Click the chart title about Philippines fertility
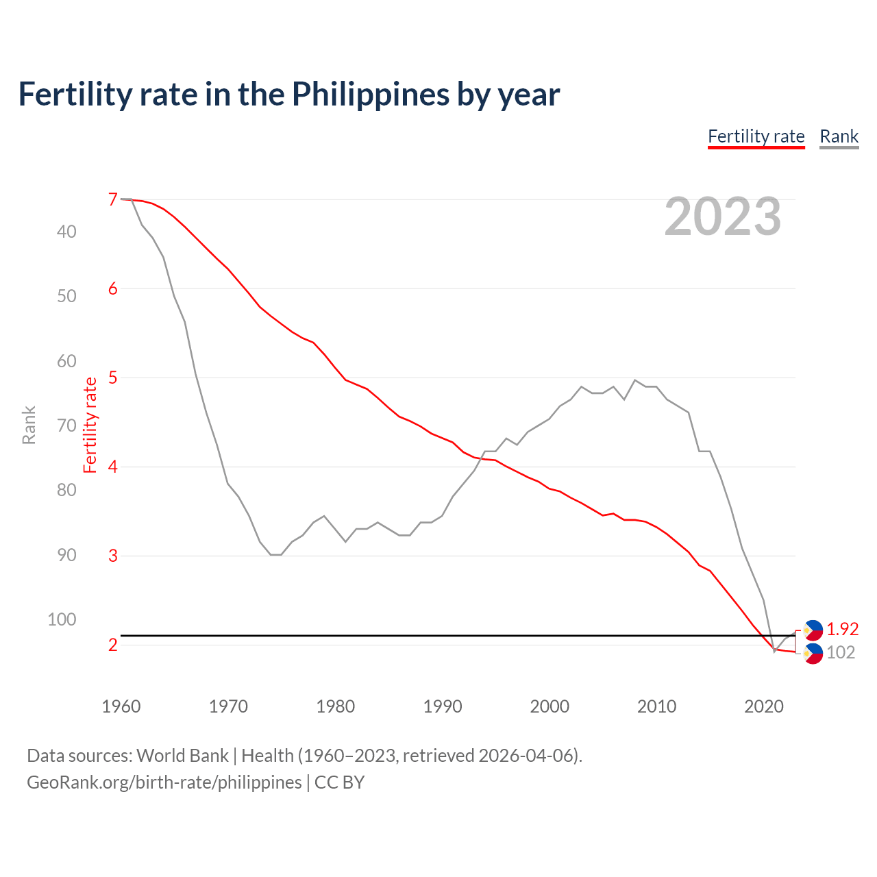(288, 95)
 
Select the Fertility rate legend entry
(756, 136)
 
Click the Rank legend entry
(839, 136)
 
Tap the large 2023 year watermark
(722, 217)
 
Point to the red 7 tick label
(113, 199)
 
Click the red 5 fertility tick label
(113, 378)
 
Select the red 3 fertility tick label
(113, 556)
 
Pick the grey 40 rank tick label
(66, 232)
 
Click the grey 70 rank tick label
(66, 425)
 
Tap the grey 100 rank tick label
(62, 619)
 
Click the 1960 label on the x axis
(121, 706)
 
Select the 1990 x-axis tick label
(443, 706)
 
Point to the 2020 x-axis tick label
(763, 706)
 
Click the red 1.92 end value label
(842, 629)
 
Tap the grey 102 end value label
(841, 652)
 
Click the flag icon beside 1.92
(813, 630)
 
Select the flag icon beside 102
(813, 654)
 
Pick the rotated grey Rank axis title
(29, 425)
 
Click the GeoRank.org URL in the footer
(164, 782)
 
